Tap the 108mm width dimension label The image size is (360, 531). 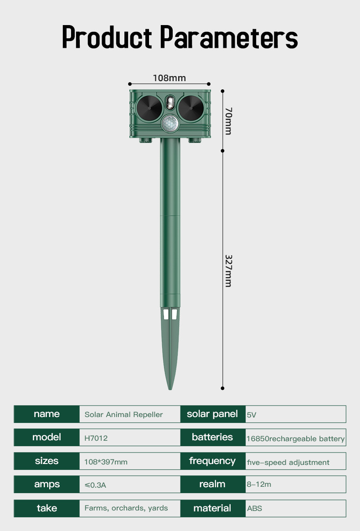(x=170, y=78)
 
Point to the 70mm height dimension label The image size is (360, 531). (x=228, y=121)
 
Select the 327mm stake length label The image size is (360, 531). (x=228, y=270)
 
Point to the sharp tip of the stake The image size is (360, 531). (x=170, y=388)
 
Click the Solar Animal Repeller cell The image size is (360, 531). (x=123, y=415)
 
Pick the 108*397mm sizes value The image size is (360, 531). (x=106, y=462)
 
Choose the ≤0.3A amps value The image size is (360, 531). (x=95, y=485)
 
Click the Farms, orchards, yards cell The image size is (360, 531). (x=126, y=508)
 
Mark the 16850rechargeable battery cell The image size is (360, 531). (x=295, y=438)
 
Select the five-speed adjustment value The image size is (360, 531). (x=288, y=462)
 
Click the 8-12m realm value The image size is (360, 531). (x=259, y=485)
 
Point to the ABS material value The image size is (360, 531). (x=255, y=508)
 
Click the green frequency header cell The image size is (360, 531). (x=212, y=461)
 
